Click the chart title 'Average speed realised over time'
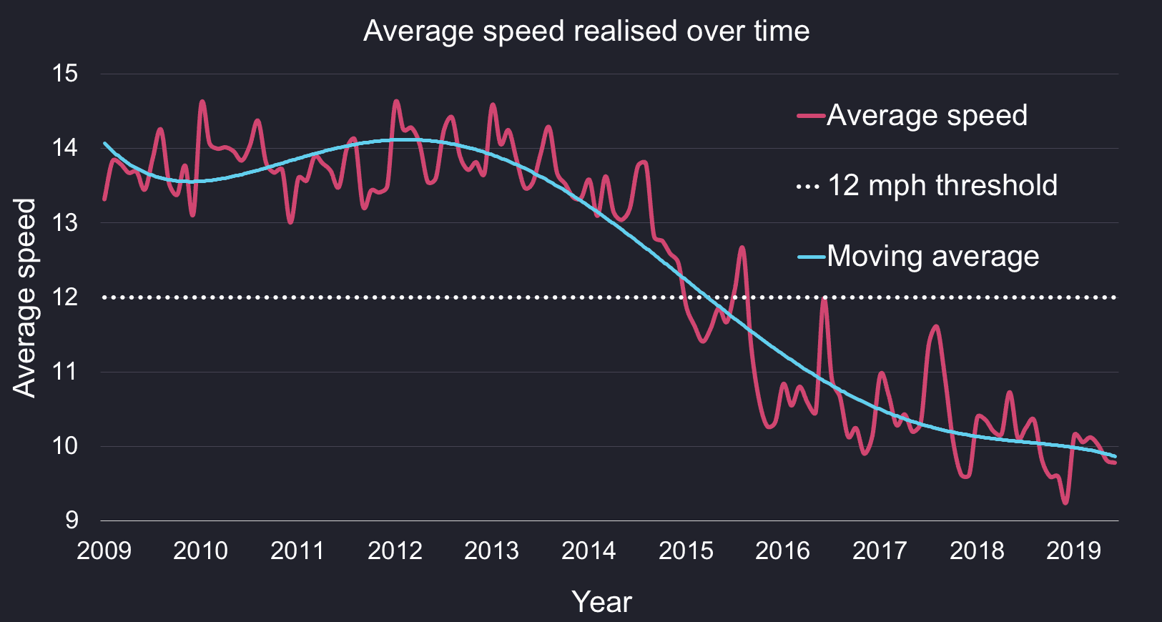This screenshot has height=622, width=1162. (586, 31)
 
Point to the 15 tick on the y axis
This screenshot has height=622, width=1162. (65, 74)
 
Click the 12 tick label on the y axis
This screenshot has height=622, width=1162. (65, 297)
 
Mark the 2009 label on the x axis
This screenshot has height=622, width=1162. (104, 551)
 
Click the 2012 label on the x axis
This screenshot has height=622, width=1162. (395, 551)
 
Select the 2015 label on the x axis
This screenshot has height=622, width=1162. (686, 551)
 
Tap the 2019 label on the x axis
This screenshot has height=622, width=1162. (1073, 551)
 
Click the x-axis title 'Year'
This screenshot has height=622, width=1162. (602, 602)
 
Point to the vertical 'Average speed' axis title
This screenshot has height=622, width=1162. (24, 297)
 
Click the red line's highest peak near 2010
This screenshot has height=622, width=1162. (202, 102)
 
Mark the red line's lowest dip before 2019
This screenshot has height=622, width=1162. (1065, 503)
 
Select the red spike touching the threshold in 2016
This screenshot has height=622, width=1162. (824, 298)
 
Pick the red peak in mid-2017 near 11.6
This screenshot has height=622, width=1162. (936, 327)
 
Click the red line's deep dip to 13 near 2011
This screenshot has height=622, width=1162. (290, 222)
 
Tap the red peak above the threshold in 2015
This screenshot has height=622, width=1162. (742, 247)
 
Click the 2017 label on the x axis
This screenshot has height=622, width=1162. (880, 551)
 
